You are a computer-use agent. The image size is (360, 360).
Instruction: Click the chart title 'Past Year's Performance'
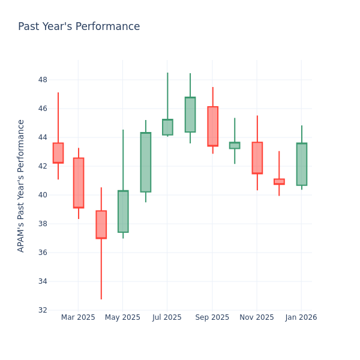79,27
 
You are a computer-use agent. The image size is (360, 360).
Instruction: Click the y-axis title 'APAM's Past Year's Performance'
21,185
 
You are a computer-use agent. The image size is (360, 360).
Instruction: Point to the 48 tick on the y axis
43,80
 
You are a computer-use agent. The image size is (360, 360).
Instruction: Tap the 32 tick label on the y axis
43,310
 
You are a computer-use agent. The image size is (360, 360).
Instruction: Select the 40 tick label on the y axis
43,195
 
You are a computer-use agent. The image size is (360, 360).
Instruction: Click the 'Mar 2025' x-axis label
78,317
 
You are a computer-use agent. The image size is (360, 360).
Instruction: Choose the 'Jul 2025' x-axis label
167,317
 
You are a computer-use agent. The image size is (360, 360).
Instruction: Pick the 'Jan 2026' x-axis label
301,317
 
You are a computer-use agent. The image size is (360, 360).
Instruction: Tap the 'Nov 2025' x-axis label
257,317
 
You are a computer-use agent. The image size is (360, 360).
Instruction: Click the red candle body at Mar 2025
79,183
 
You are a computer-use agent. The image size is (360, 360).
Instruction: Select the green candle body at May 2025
123,211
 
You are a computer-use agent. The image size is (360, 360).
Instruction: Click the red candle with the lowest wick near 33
101,224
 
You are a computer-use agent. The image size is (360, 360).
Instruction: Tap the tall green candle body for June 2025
145,162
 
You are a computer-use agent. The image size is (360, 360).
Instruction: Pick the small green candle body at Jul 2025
167,127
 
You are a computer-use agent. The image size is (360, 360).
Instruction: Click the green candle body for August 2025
190,115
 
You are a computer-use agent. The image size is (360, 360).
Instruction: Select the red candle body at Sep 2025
212,126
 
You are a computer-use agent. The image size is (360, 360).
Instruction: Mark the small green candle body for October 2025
235,145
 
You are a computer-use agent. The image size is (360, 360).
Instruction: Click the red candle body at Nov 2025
257,158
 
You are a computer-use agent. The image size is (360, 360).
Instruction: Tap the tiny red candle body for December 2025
279,181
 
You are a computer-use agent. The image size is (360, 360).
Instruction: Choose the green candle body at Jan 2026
301,164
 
